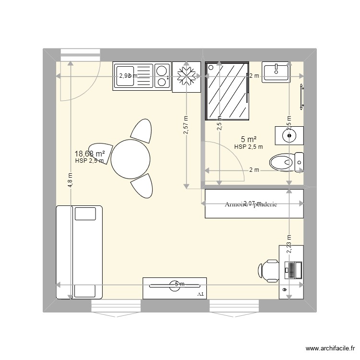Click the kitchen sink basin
[x=126, y=76]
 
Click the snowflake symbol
[x=186, y=76]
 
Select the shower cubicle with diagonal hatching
[x=227, y=91]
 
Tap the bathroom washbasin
[x=276, y=72]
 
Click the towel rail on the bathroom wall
[x=301, y=96]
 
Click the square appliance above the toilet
[x=289, y=136]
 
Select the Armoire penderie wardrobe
[x=254, y=204]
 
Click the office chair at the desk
[x=269, y=270]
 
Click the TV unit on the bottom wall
[x=175, y=288]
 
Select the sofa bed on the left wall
[x=79, y=252]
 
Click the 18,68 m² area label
[x=90, y=154]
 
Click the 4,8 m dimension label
[x=71, y=180]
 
